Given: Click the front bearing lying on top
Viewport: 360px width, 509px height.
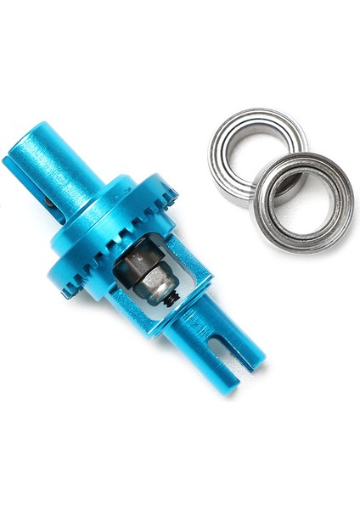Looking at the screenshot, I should point(303,204).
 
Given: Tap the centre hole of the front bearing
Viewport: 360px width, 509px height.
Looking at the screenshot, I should point(303,204).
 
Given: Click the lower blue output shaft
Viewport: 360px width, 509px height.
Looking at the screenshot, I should point(208,352).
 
